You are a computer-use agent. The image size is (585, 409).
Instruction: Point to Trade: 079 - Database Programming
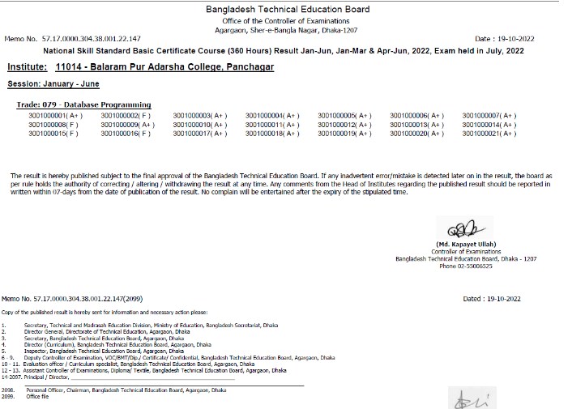tap(84, 105)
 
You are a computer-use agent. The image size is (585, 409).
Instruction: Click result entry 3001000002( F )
tap(125, 116)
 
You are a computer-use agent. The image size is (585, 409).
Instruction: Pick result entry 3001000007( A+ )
tap(489, 116)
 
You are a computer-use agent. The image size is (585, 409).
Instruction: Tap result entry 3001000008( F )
tap(53, 125)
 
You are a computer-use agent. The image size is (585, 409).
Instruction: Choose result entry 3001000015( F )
tap(53, 133)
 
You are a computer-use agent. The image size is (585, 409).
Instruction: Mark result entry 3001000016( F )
tap(125, 133)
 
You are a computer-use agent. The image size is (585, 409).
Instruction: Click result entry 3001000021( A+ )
tap(489, 133)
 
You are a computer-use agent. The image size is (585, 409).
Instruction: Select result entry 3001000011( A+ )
tap(272, 125)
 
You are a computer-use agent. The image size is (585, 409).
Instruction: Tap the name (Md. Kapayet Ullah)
tap(468, 244)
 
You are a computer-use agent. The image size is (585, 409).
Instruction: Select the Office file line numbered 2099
tap(37, 396)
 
